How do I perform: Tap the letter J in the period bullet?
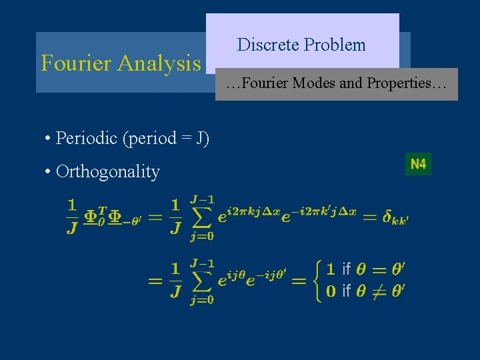(199, 138)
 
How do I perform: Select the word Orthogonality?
(108, 172)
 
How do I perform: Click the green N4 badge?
(418, 164)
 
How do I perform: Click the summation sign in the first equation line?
(201, 217)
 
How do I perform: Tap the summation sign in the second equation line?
(201, 281)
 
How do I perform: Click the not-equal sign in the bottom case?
(379, 291)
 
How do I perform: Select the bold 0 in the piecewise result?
(329, 291)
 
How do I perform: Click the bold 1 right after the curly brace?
(329, 269)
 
